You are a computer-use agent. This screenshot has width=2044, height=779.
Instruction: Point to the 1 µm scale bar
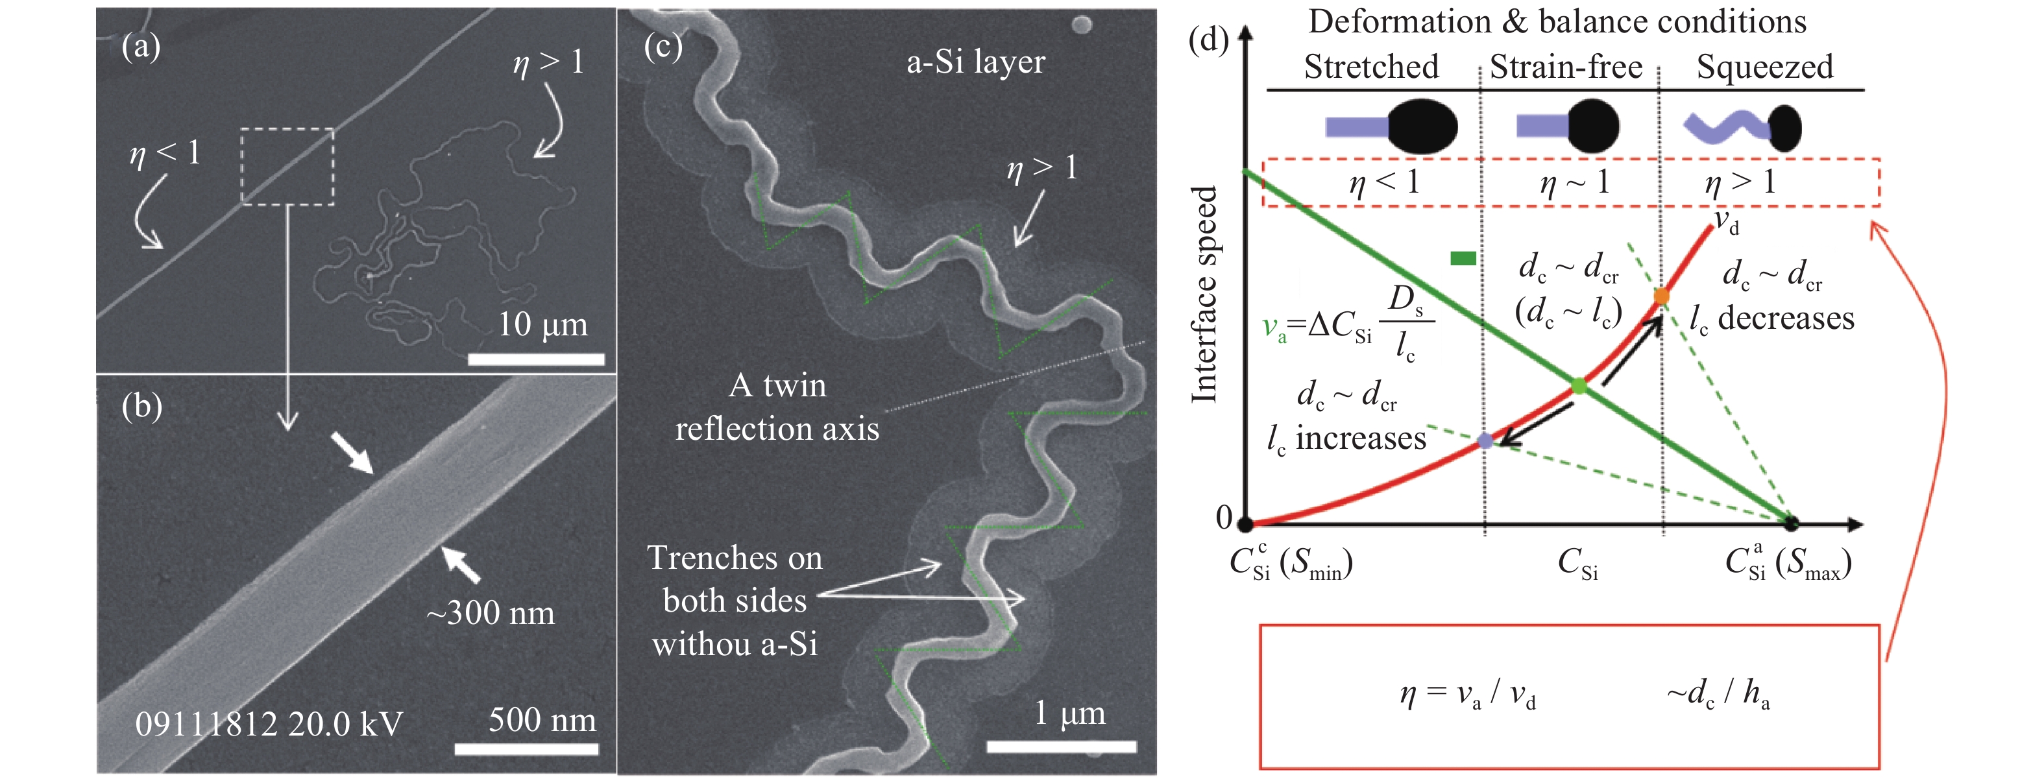point(1061,747)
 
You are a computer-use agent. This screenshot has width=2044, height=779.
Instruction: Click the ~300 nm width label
point(491,613)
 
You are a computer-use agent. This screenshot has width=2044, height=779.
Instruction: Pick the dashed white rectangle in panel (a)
point(287,167)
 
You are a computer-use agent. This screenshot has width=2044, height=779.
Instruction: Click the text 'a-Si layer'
point(975,62)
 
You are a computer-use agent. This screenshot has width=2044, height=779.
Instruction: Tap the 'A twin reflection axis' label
point(777,407)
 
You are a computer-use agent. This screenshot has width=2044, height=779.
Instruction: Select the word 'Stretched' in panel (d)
point(1370,67)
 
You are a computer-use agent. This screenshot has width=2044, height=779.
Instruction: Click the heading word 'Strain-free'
point(1566,67)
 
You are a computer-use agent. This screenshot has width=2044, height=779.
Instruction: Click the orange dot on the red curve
point(1661,296)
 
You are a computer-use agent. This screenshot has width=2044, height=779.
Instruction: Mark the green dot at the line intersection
point(1578,387)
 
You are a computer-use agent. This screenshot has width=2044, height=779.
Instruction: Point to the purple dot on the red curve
point(1485,441)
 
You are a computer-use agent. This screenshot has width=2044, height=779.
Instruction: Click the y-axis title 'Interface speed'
point(1204,294)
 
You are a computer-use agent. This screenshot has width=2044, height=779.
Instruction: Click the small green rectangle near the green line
point(1463,258)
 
